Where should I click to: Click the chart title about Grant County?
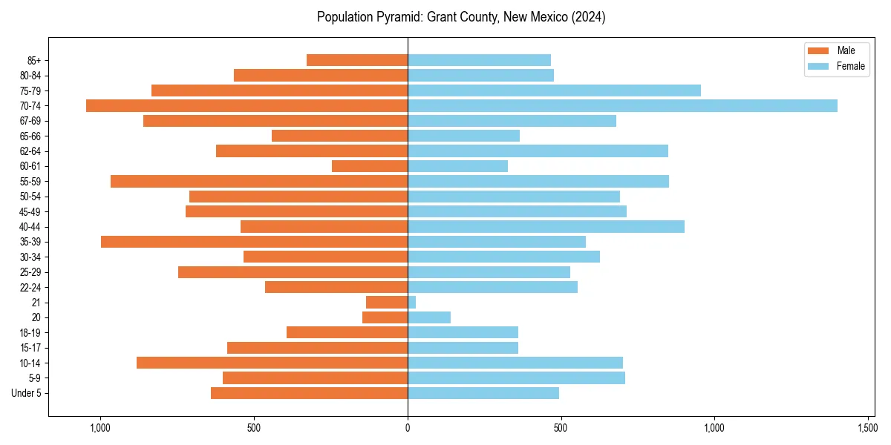tap(461, 17)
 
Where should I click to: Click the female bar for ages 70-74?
tap(622, 106)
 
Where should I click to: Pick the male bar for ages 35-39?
tap(254, 242)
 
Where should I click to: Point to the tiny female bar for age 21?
tap(411, 303)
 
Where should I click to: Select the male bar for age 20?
tap(385, 317)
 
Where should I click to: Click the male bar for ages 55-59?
tap(259, 182)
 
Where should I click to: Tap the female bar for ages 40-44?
tap(546, 227)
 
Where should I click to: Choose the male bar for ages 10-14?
tap(272, 363)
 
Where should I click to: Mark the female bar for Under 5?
tap(483, 393)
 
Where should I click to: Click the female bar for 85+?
tap(479, 60)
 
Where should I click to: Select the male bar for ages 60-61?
tap(370, 166)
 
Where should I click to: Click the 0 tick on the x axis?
tap(408, 428)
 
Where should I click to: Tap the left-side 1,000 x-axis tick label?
tap(100, 428)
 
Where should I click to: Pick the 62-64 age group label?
tap(30, 151)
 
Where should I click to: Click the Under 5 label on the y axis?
tap(26, 393)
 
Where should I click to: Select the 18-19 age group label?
tap(30, 333)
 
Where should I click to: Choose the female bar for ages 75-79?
tap(554, 90)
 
